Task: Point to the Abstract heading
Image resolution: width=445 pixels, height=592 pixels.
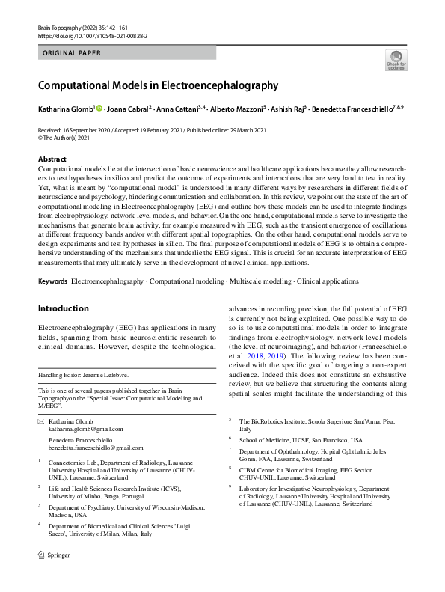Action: [53, 159]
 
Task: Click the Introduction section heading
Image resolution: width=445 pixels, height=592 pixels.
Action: [63, 308]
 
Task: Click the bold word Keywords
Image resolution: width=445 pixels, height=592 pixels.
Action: [52, 281]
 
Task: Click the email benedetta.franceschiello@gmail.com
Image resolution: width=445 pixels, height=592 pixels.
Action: [96, 447]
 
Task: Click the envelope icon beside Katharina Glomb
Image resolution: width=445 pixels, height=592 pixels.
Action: [41, 422]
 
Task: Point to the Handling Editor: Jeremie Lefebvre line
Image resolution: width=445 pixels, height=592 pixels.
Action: [85, 374]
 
